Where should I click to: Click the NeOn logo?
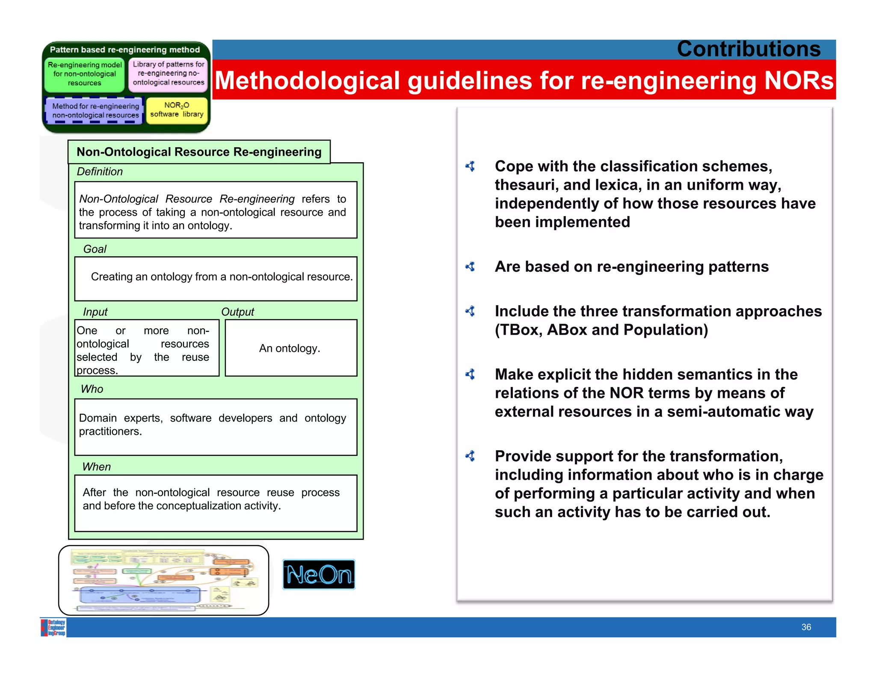319,574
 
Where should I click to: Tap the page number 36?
806,627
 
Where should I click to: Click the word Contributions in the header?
749,49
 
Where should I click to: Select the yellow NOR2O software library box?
177,110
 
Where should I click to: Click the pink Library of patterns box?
168,74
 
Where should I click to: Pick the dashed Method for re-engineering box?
95,110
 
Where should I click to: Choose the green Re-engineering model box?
84,74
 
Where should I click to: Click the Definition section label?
100,172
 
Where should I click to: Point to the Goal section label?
95,249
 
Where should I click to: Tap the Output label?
237,312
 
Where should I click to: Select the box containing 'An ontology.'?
290,348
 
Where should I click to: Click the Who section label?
92,389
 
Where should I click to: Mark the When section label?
96,467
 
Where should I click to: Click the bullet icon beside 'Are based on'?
470,267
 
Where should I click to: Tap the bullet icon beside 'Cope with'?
470,166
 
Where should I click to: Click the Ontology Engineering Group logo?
53,627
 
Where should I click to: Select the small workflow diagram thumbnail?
163,580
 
